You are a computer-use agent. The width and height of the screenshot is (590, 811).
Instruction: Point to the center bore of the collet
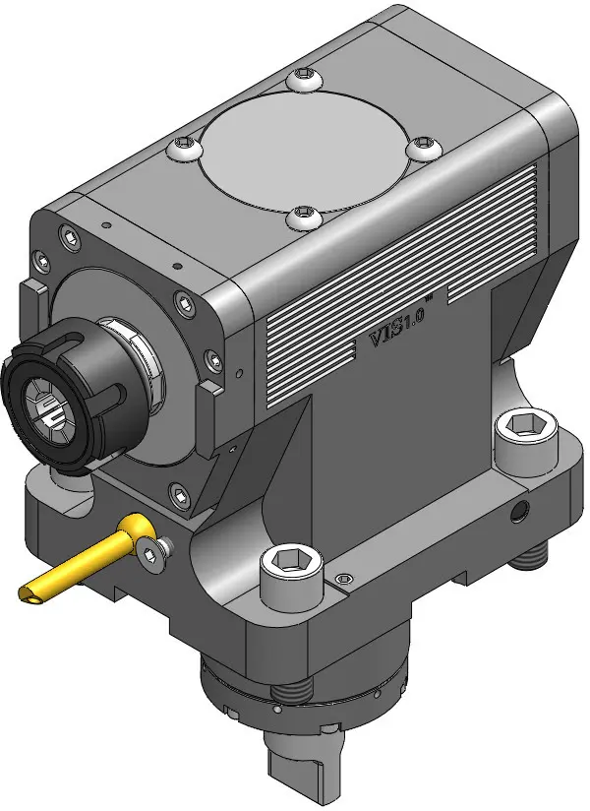click(x=47, y=406)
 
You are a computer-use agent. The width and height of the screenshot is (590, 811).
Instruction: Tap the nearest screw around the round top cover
click(x=304, y=217)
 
